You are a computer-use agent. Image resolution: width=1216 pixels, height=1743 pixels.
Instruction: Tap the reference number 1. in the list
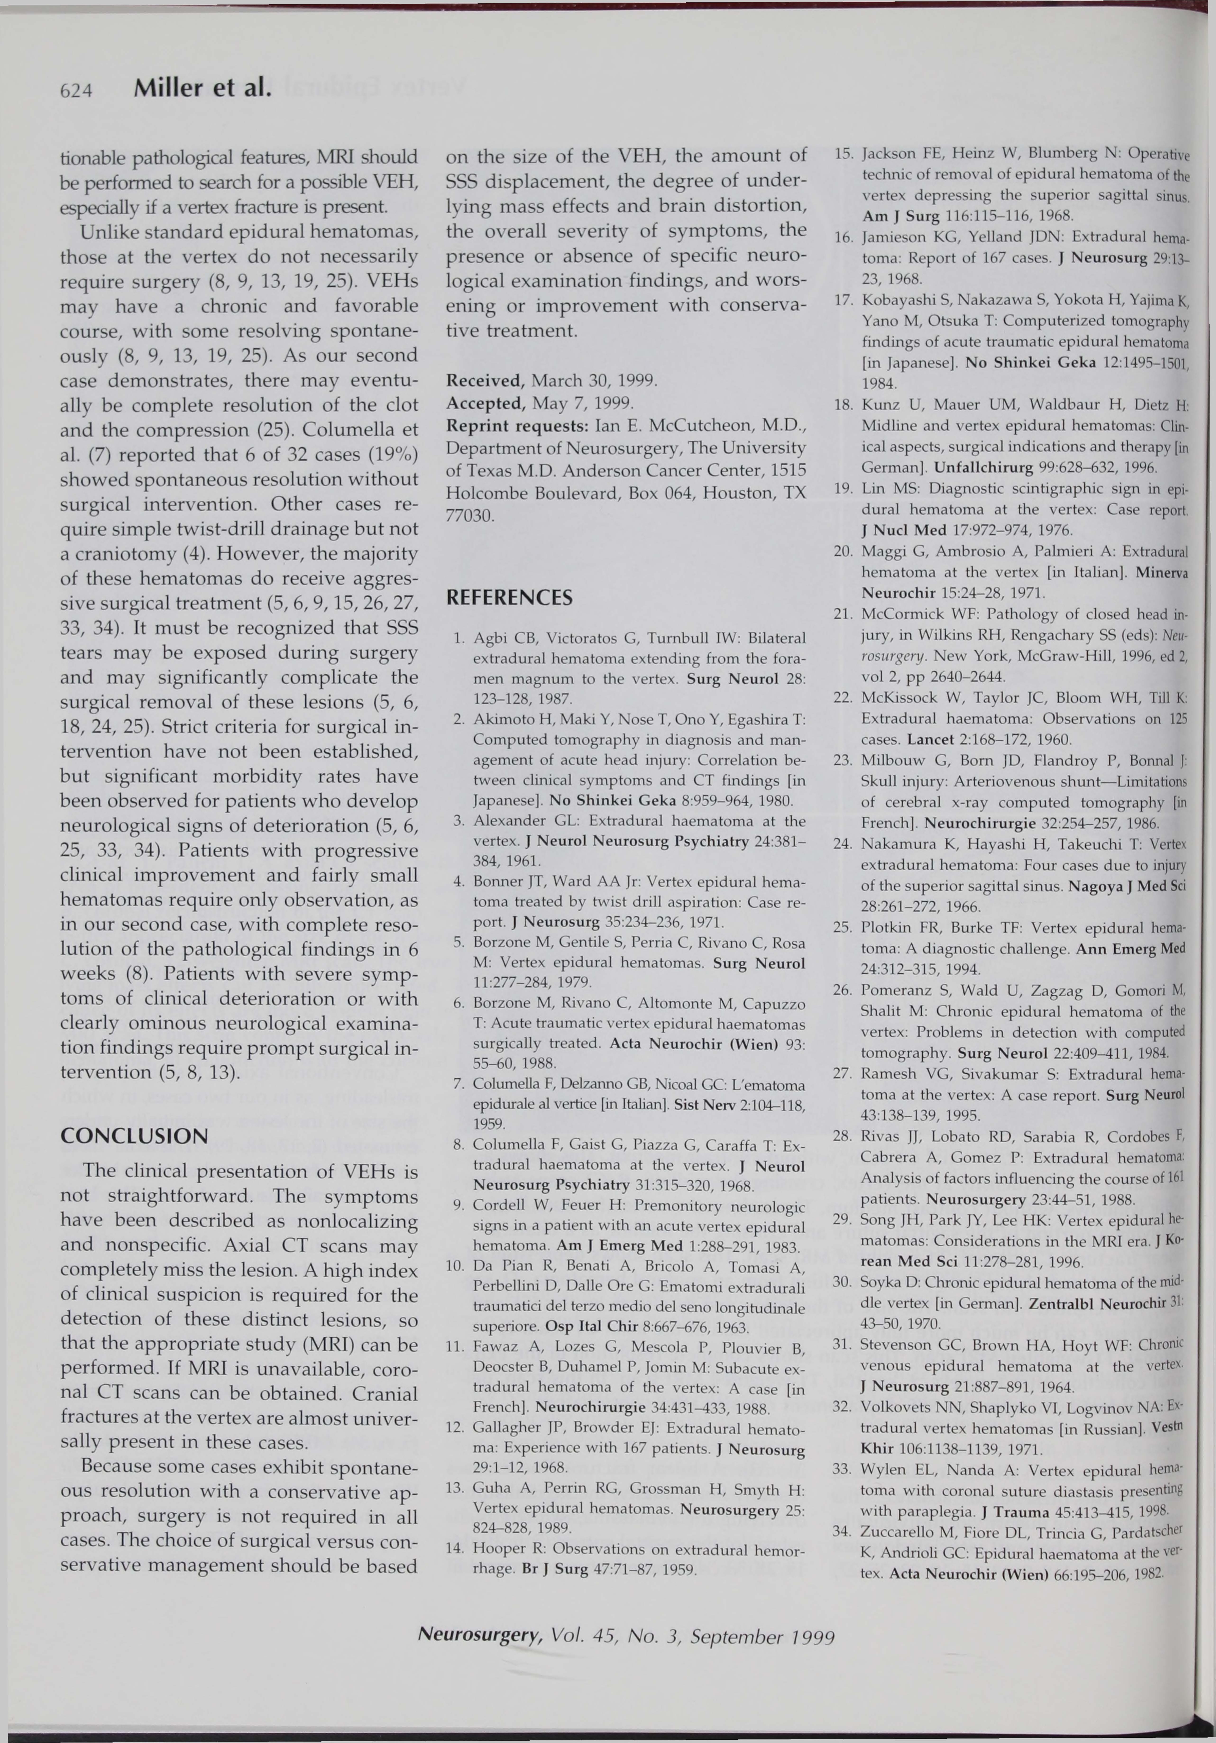(459, 638)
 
